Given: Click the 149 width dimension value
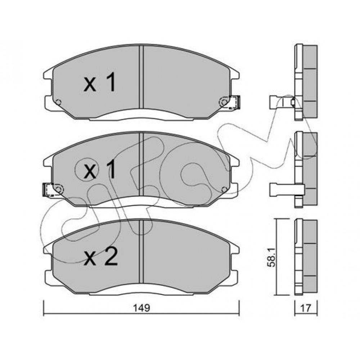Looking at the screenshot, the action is pos(142,308).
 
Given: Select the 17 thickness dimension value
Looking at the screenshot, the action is pos(306,308).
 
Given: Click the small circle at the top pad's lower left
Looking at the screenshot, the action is pos(58,102).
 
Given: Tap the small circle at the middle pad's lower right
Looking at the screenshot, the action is pos(225,189).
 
